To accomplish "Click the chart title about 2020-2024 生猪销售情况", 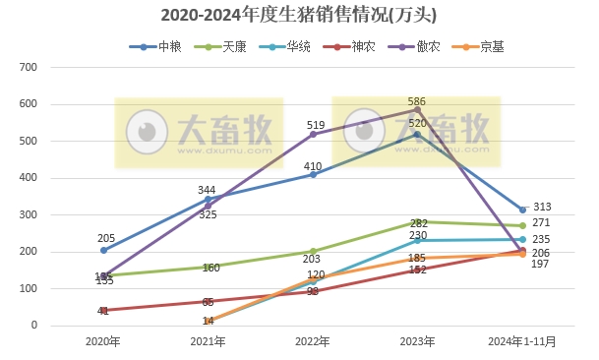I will coord(298,16).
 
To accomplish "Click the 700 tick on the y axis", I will coord(29,67).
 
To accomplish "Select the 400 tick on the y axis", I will coord(29,178).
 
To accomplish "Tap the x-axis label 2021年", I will coord(209,342).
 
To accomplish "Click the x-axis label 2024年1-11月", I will coord(522,342).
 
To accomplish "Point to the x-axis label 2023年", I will coord(418,342).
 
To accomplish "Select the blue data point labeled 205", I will coord(103,250).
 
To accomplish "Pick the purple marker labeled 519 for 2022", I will coord(313,134).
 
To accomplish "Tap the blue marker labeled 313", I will coord(522,210).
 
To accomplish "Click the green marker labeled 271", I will coord(522,225).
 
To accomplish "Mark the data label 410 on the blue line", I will coord(313,166).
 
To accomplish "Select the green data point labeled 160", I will coord(209,267).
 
